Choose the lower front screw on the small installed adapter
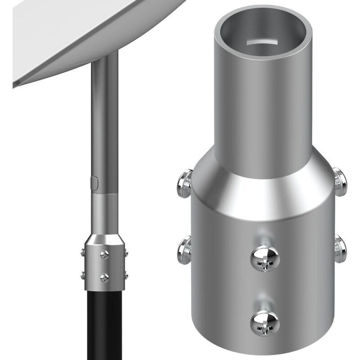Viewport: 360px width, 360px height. [105, 276]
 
